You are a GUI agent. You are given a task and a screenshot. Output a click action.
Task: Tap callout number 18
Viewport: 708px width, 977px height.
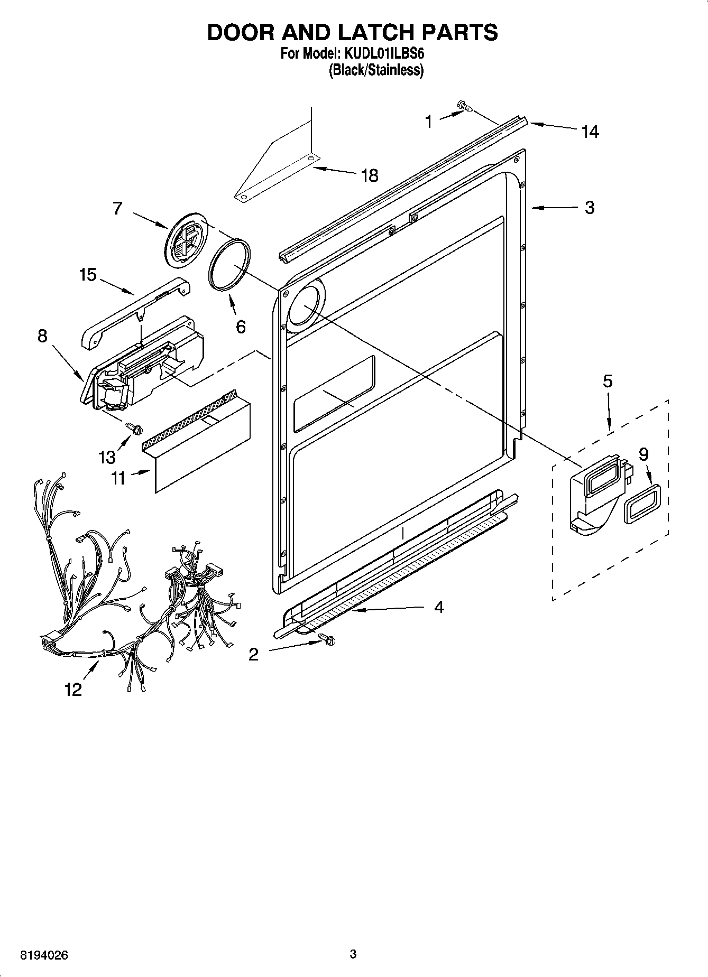tap(369, 175)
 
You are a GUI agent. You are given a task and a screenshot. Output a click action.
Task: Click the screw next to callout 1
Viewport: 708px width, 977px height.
tap(465, 107)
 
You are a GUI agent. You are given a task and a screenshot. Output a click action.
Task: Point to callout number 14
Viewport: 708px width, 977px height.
tap(590, 132)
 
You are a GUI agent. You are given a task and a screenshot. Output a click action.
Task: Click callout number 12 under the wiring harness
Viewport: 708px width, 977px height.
tap(73, 689)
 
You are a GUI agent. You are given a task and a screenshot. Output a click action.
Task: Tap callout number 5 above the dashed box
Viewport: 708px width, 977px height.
tap(608, 381)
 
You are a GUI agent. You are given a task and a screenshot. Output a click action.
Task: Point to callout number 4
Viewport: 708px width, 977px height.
tap(439, 607)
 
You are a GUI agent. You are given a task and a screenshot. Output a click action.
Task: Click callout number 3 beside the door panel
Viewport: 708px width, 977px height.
tap(590, 208)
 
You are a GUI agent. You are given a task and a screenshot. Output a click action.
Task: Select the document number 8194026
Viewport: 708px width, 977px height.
tap(44, 955)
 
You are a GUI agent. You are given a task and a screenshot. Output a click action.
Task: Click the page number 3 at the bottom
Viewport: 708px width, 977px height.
tap(353, 954)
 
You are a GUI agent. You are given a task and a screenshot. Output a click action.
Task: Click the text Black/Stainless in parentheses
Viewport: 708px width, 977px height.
tap(376, 70)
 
